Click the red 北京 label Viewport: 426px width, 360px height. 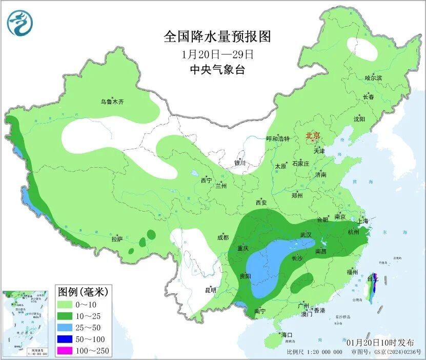coord(312,136)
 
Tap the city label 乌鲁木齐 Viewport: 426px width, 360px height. coord(112,102)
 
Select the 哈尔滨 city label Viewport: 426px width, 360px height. coord(373,77)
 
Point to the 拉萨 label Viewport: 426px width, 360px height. coord(117,239)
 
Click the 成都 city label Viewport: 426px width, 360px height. coord(222,237)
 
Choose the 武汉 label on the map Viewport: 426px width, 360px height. coord(306,234)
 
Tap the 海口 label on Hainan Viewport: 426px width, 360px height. coord(286,335)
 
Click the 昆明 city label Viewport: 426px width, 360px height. coord(211,290)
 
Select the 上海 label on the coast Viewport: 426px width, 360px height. coord(363,221)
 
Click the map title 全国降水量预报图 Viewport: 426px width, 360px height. coord(217,37)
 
